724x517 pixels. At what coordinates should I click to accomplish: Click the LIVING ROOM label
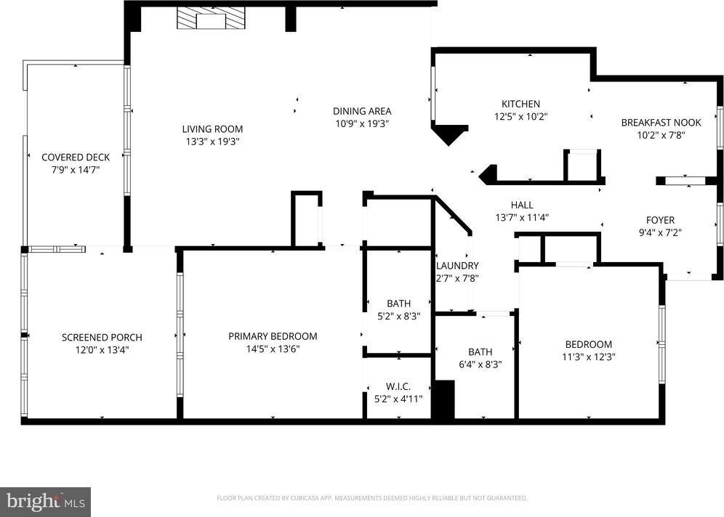(x=212, y=129)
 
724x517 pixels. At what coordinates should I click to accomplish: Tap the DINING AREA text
(x=362, y=111)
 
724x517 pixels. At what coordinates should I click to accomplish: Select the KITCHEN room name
(x=521, y=104)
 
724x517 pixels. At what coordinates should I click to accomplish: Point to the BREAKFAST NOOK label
(x=661, y=123)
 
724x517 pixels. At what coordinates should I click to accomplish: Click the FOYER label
(x=660, y=220)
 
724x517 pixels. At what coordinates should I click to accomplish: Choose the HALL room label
(x=522, y=205)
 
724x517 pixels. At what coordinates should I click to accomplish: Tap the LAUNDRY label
(x=457, y=266)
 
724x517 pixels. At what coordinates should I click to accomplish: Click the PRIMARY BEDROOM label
(x=273, y=336)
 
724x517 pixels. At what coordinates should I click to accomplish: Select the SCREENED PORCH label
(x=102, y=337)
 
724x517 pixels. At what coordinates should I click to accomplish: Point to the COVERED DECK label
(x=76, y=158)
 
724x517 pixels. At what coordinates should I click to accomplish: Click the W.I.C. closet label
(x=398, y=386)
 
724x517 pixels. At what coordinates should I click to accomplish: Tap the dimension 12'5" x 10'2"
(x=521, y=117)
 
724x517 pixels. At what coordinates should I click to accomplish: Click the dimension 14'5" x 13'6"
(x=273, y=349)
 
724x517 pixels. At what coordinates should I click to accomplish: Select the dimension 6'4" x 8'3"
(x=480, y=365)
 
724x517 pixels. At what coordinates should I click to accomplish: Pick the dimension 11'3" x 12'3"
(x=589, y=357)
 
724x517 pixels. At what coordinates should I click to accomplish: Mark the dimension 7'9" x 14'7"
(x=76, y=170)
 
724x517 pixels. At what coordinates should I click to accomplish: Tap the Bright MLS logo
(x=45, y=502)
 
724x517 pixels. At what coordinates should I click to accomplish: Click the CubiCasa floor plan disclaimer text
(x=372, y=498)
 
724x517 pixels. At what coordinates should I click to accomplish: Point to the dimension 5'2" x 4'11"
(x=398, y=399)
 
